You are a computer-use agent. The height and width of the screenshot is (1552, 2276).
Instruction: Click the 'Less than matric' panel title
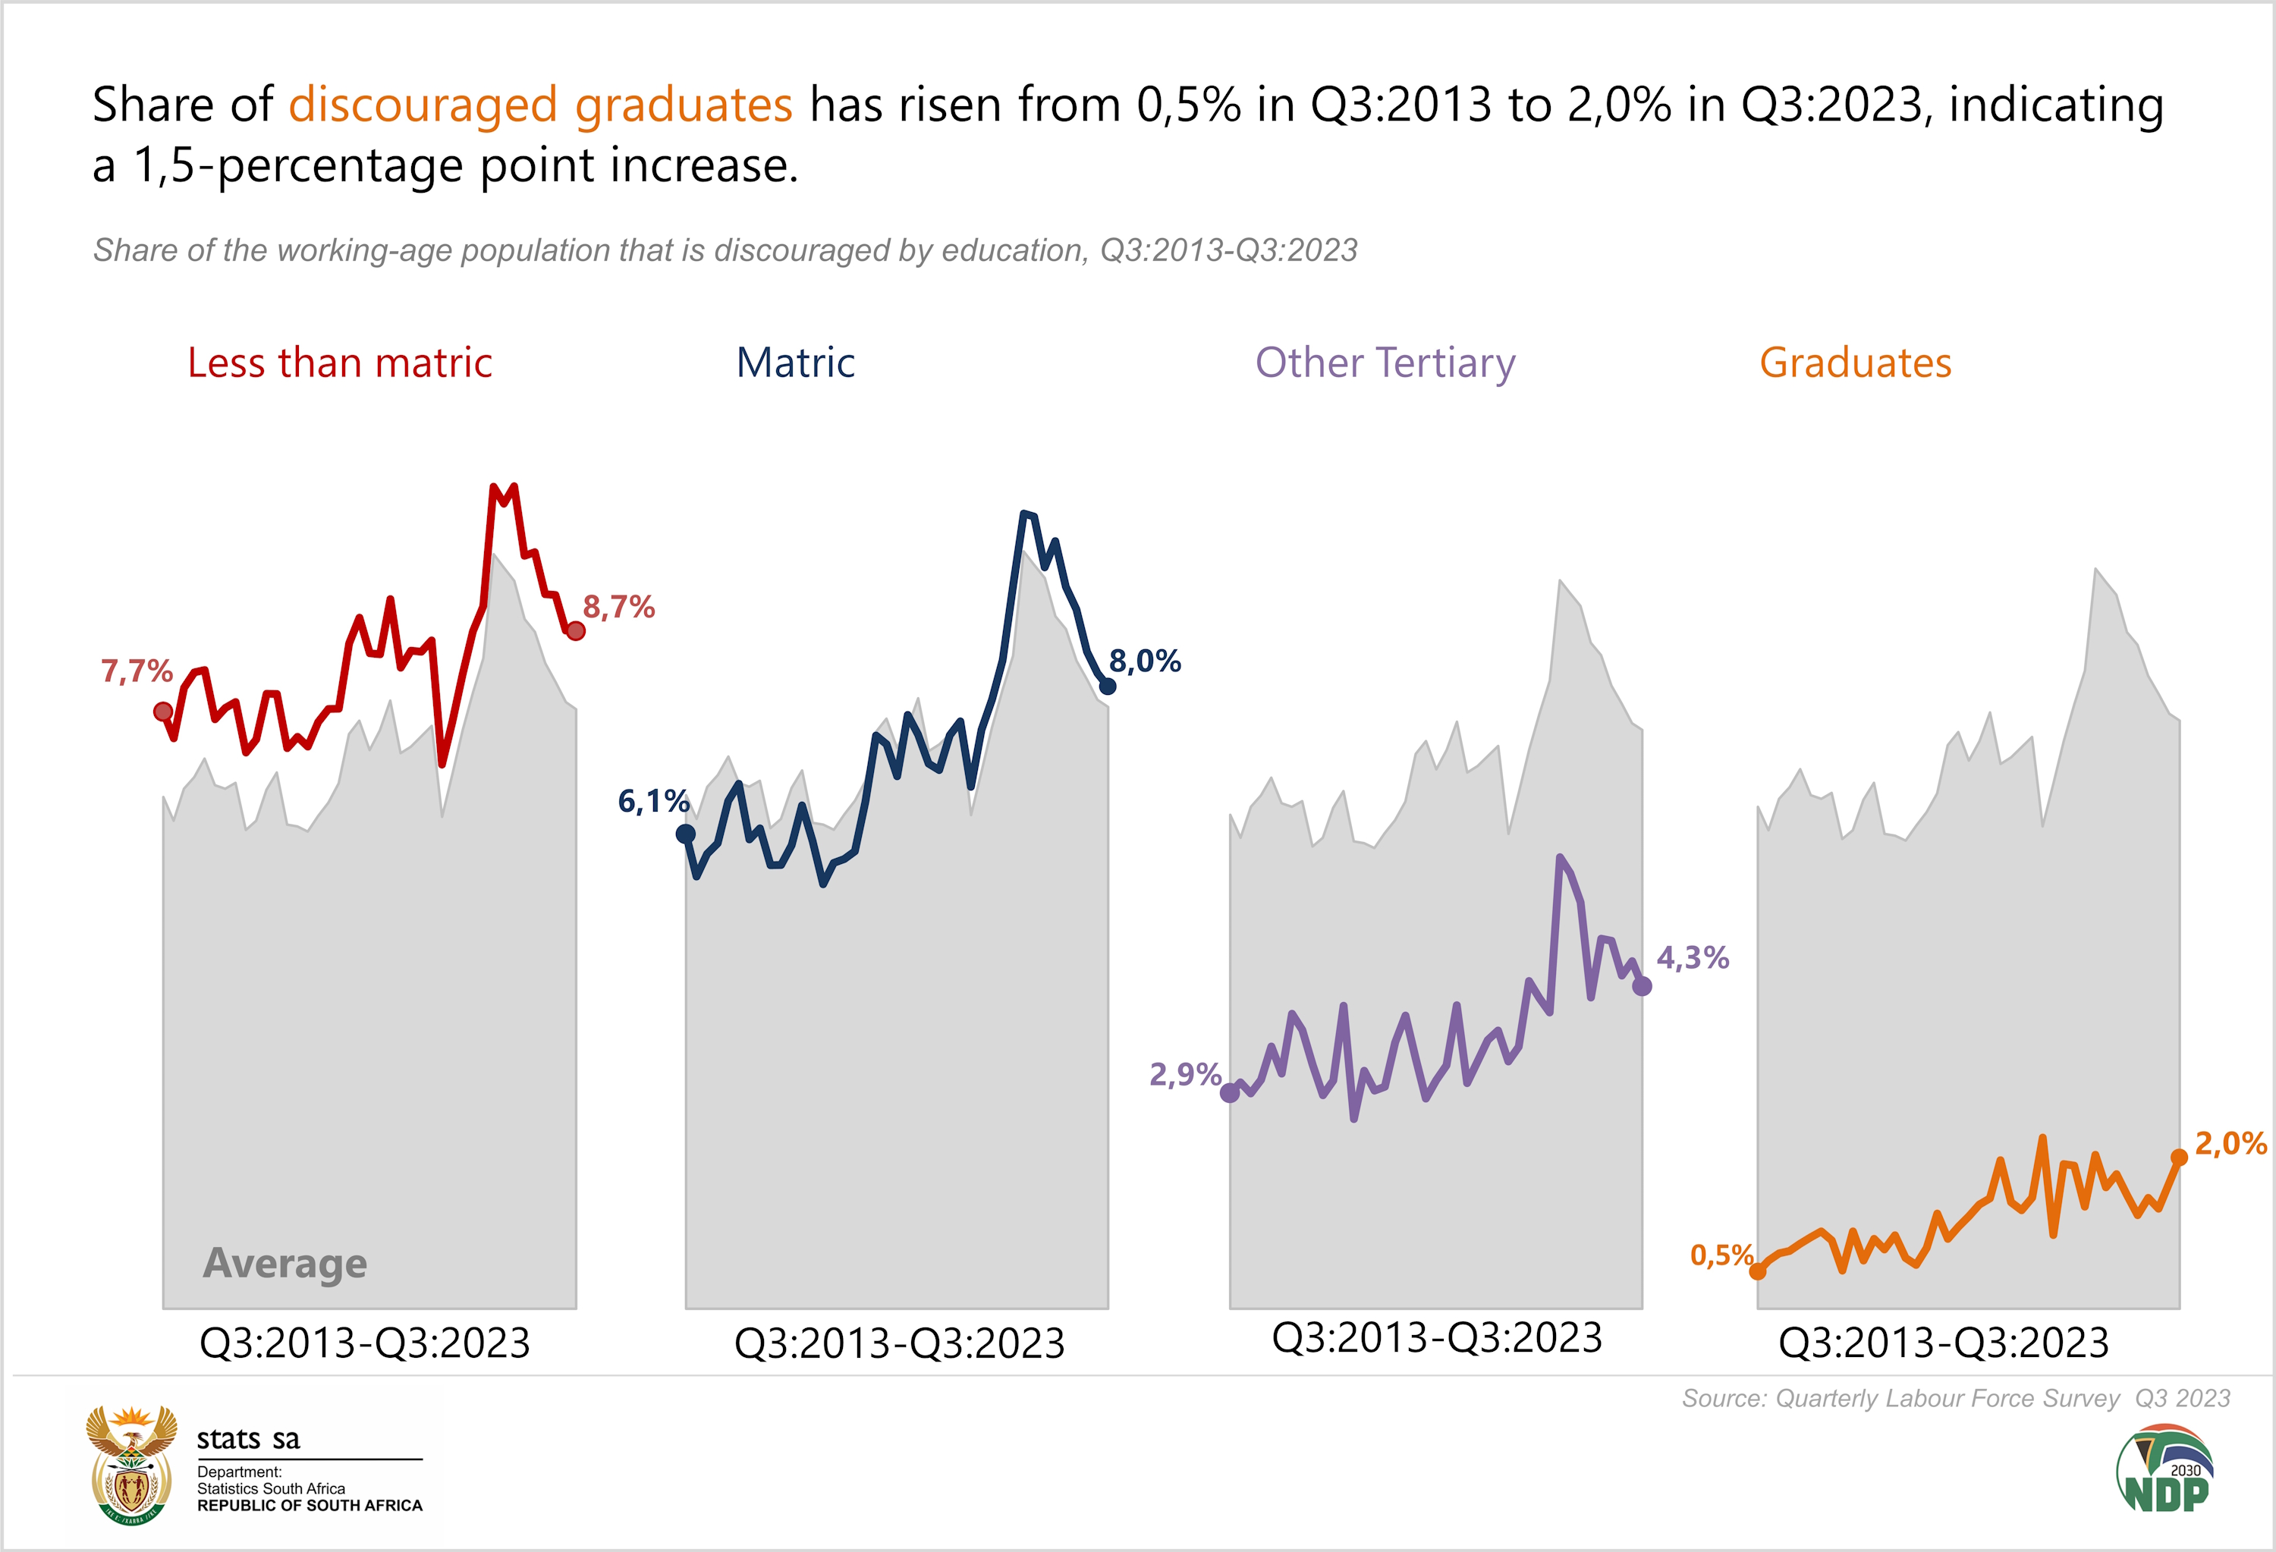pyautogui.click(x=340, y=363)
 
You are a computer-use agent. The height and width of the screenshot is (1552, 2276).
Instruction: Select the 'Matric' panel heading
pyautogui.click(x=795, y=363)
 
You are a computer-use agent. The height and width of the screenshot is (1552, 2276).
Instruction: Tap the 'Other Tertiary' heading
pyautogui.click(x=1385, y=363)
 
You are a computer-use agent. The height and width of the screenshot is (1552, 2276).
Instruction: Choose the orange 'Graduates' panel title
pyautogui.click(x=1855, y=363)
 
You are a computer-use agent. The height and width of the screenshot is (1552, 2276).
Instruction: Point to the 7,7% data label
pyautogui.click(x=137, y=672)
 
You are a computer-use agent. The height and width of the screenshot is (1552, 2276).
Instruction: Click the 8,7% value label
pyautogui.click(x=619, y=607)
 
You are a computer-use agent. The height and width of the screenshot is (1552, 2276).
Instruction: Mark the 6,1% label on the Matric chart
pyautogui.click(x=653, y=802)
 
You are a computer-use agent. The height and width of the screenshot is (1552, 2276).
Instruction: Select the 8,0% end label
pyautogui.click(x=1145, y=662)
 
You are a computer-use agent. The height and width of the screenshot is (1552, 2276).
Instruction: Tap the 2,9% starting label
pyautogui.click(x=1185, y=1075)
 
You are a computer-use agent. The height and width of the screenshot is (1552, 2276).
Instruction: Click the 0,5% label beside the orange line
pyautogui.click(x=1721, y=1255)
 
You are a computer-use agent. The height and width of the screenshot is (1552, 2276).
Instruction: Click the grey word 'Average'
pyautogui.click(x=285, y=1264)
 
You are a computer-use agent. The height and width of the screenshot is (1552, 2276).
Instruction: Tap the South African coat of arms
pyautogui.click(x=131, y=1466)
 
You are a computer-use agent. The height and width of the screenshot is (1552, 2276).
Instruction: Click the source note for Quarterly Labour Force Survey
pyautogui.click(x=1956, y=1398)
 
